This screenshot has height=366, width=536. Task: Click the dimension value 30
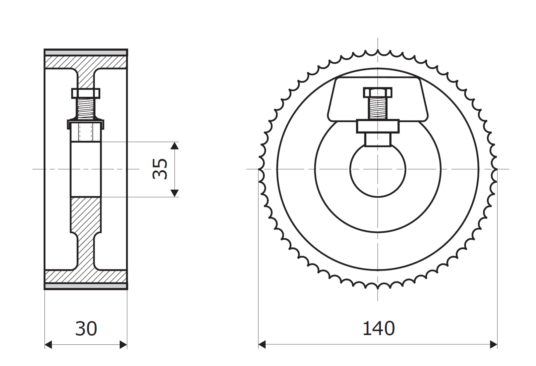click(86, 329)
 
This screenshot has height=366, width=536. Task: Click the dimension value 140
click(378, 329)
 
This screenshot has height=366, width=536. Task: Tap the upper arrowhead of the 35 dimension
click(175, 145)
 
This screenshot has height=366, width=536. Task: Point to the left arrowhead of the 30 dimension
click(48, 345)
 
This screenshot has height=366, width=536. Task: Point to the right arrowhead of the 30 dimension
click(123, 345)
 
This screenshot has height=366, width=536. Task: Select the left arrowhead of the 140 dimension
click(262, 345)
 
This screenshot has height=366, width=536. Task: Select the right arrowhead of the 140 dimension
click(494, 345)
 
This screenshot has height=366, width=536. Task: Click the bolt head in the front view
click(378, 92)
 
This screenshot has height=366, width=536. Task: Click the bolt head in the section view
click(86, 93)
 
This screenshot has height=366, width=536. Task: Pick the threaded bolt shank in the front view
click(378, 108)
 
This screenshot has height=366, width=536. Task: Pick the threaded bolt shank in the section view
click(86, 109)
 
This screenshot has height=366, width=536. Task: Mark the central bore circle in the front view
click(378, 170)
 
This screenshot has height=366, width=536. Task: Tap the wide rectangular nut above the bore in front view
click(378, 126)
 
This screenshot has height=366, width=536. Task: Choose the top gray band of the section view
click(86, 53)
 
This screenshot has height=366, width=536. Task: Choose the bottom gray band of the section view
click(86, 286)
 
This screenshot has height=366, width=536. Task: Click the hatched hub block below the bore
click(86, 215)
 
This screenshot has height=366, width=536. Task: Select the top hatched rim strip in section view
click(86, 62)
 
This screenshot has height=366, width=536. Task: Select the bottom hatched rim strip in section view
click(86, 276)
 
